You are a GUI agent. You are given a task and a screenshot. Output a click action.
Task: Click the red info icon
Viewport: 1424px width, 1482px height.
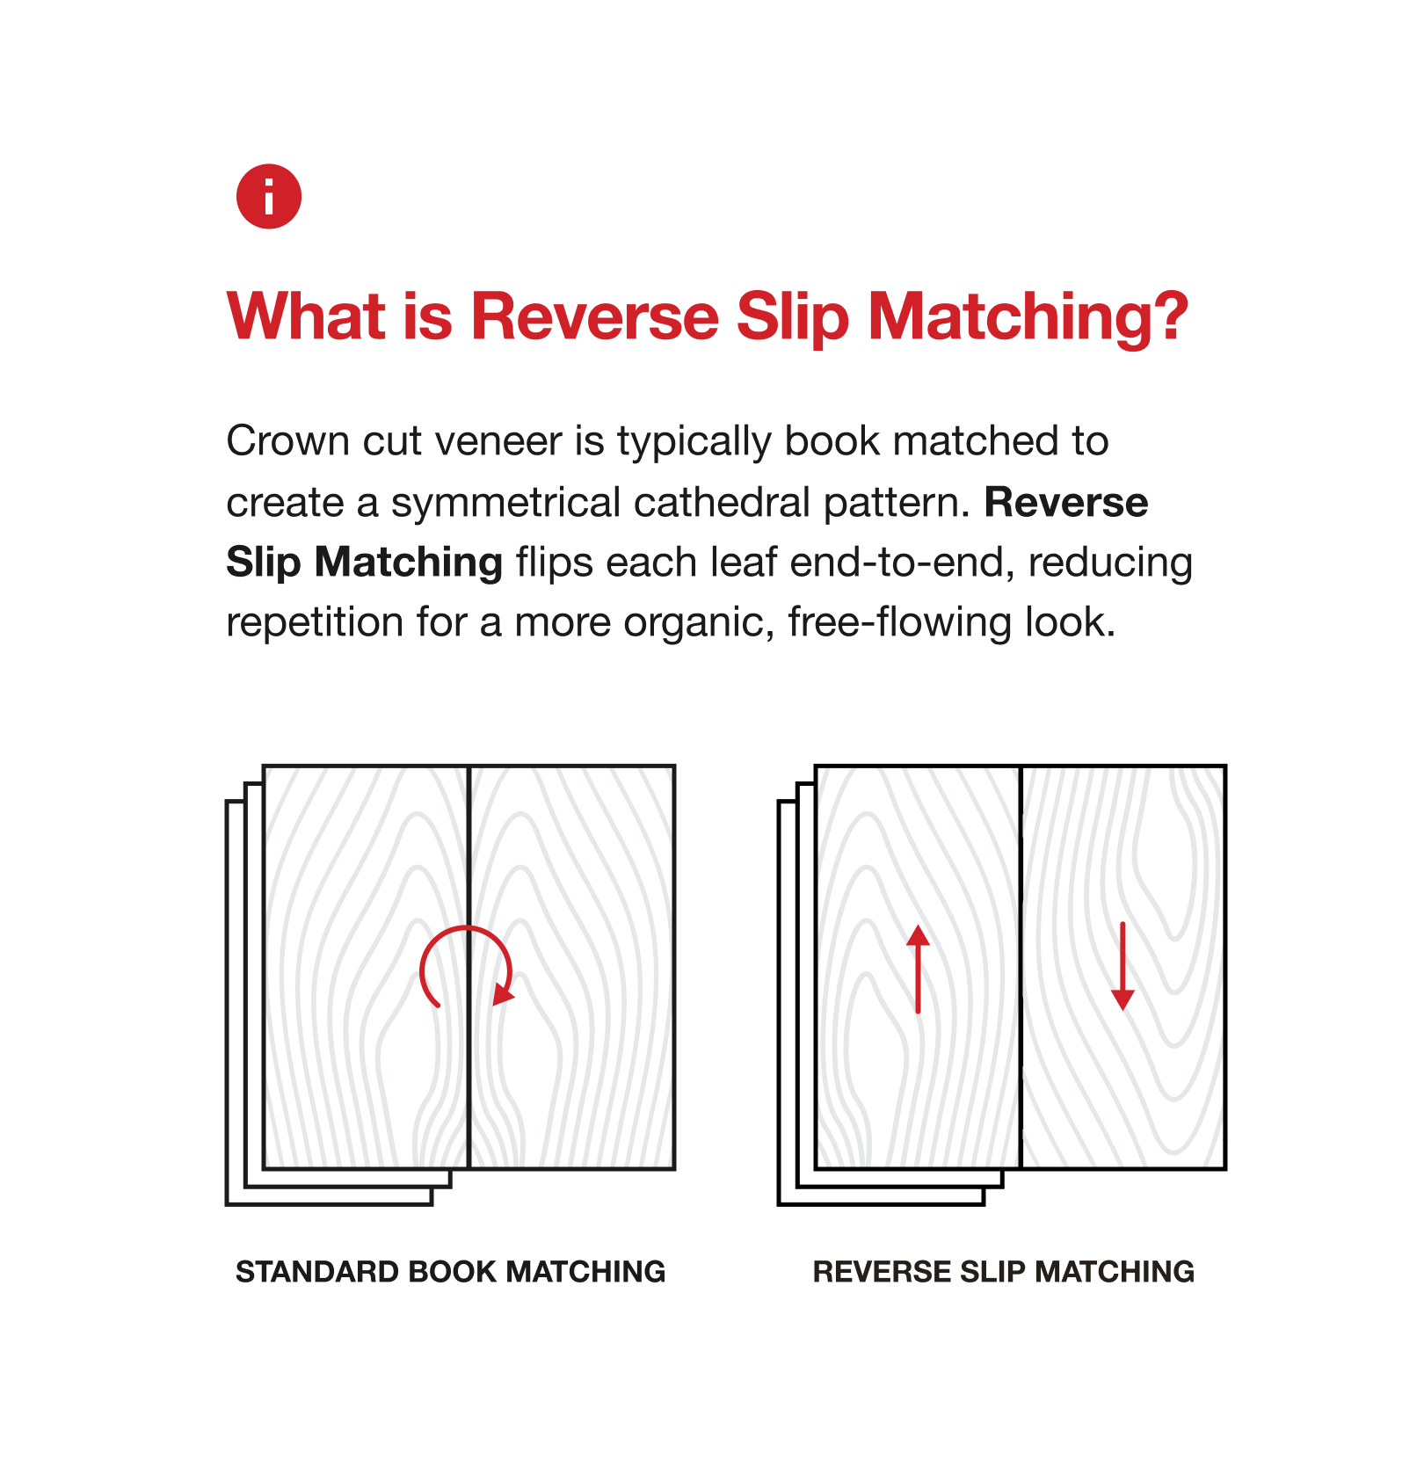point(269,196)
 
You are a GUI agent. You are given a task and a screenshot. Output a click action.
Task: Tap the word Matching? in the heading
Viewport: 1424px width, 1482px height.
point(1028,318)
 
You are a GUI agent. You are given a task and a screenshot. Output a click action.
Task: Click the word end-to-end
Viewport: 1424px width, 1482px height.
point(897,563)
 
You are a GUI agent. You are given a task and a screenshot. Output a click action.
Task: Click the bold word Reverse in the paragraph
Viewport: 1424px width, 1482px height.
point(1066,503)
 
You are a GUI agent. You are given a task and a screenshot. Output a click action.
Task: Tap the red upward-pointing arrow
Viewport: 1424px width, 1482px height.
point(919,969)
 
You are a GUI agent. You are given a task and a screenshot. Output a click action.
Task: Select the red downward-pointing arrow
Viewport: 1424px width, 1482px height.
point(1122,966)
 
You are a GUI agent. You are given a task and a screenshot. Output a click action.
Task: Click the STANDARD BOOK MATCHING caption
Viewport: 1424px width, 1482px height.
point(451,1272)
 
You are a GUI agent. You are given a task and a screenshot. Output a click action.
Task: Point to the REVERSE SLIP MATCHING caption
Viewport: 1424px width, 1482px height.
point(1004,1272)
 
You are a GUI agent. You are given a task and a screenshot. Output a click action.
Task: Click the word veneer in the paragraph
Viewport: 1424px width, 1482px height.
point(498,441)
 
